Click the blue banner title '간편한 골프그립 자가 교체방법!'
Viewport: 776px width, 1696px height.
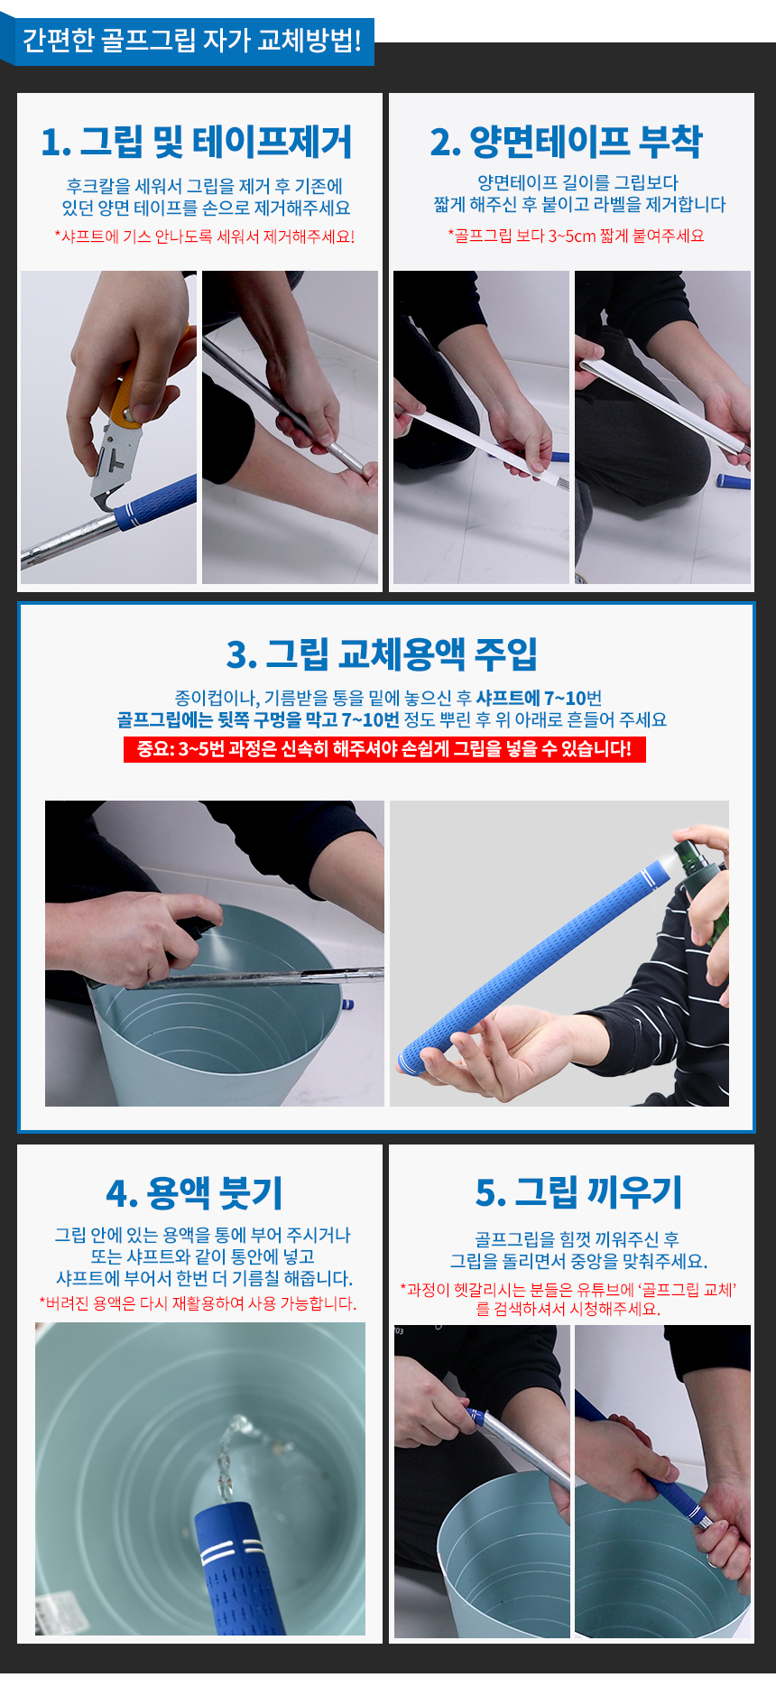[x=191, y=41]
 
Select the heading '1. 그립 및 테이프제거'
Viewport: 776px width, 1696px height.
[x=197, y=142]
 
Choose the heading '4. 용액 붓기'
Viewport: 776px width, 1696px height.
[x=194, y=1192]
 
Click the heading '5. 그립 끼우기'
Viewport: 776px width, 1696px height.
[x=578, y=1191]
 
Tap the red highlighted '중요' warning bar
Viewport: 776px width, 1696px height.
[x=384, y=749]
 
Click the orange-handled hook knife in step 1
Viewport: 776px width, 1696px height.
[x=126, y=424]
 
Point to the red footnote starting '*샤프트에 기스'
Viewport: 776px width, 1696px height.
[x=204, y=236]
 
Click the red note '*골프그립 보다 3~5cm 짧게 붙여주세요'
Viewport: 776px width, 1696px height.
[x=576, y=236]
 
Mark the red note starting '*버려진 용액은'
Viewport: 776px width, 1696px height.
[x=199, y=1303]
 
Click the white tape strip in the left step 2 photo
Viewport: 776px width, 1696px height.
[x=478, y=443]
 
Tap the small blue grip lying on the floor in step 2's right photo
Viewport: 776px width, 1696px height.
[x=733, y=480]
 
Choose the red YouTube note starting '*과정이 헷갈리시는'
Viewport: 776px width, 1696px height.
[x=568, y=1299]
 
